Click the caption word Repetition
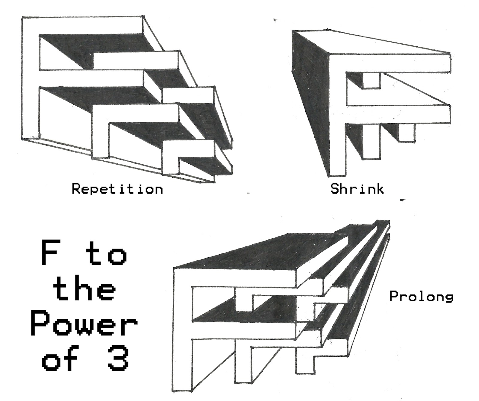[x=117, y=189]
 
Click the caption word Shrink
[x=357, y=189]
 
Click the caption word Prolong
[x=421, y=297]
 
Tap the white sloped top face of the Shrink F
[x=374, y=45]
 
